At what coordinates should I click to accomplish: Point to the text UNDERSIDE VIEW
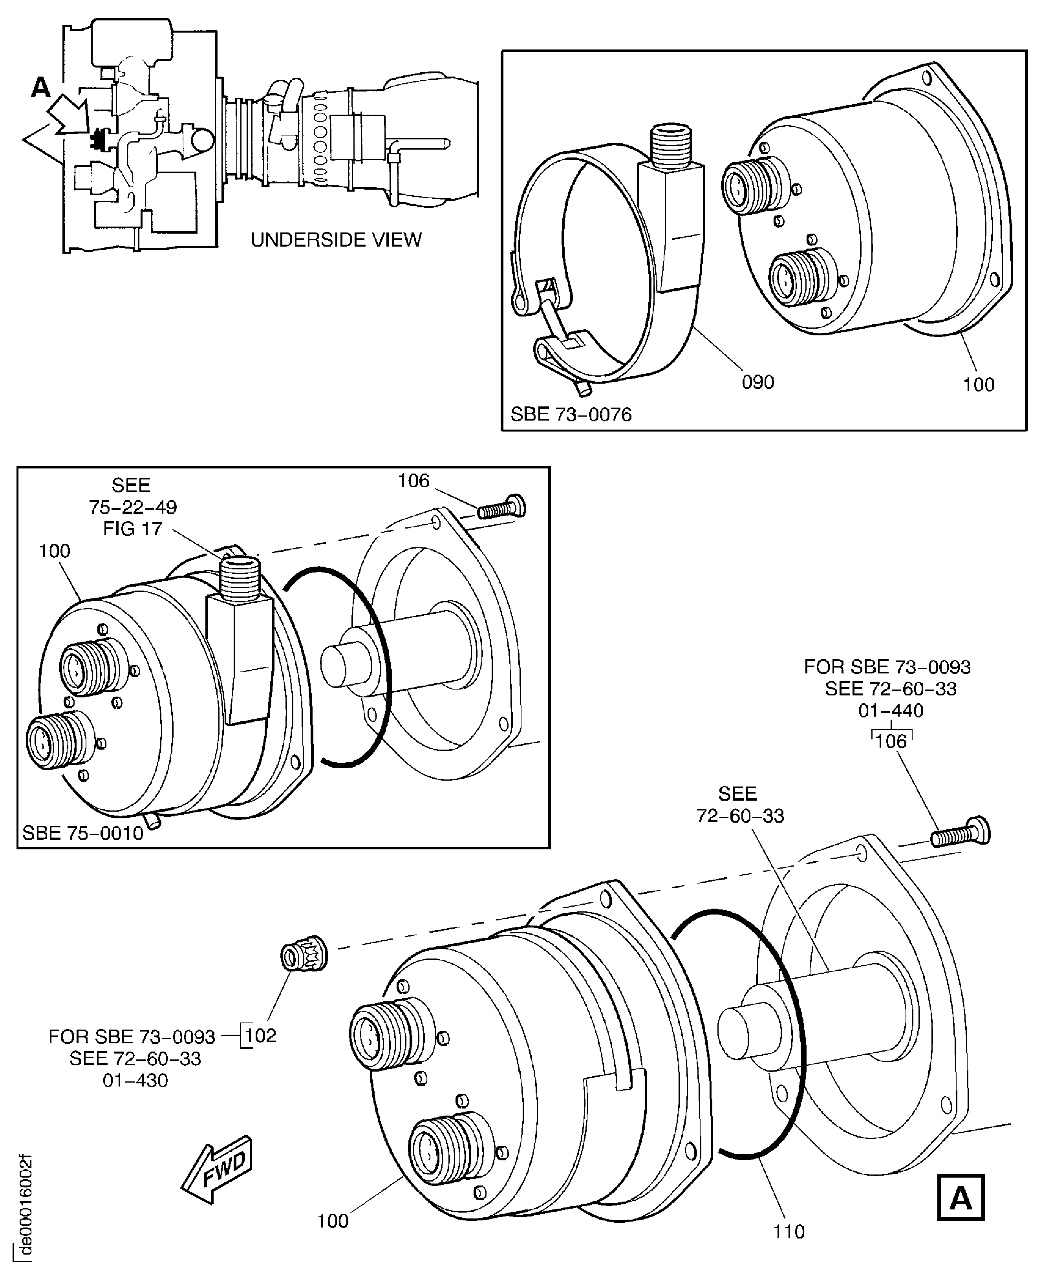(x=336, y=240)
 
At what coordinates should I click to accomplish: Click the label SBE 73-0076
(x=571, y=414)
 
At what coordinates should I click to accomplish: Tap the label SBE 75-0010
(x=83, y=833)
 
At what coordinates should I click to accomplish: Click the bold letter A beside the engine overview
(x=41, y=88)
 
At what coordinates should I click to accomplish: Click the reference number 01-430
(x=135, y=1080)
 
